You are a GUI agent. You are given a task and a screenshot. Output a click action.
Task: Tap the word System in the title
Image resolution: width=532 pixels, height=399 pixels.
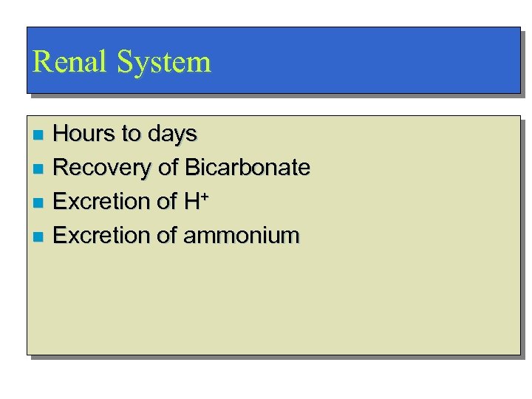164,62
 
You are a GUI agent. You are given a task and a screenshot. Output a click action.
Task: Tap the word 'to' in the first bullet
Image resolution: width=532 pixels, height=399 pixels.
131,134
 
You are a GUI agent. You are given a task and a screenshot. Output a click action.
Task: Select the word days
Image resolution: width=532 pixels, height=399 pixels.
172,134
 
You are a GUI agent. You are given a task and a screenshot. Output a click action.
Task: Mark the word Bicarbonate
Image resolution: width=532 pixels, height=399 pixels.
248,168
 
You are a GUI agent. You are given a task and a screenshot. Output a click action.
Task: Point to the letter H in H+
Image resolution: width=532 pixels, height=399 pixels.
190,202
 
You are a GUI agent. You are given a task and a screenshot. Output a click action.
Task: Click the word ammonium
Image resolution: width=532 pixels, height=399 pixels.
241,236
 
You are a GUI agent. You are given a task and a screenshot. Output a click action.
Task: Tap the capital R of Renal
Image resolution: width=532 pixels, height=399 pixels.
43,61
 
